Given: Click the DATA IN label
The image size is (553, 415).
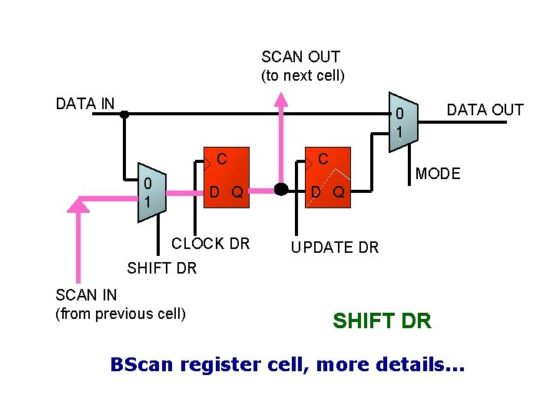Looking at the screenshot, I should pos(85,104).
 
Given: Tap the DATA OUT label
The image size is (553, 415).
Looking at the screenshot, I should pos(485,110).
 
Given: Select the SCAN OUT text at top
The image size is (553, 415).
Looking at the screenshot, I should pos(300,57).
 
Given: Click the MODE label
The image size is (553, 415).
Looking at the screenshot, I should pos(438,174).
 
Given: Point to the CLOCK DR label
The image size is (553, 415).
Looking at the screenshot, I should pos(210,244).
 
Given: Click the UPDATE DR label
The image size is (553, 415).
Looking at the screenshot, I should pos(334,247).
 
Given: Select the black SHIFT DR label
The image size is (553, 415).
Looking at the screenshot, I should pos(161,268).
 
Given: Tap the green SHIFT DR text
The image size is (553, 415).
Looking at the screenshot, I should pos(382,320).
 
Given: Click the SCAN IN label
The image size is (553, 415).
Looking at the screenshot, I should pos(87,295).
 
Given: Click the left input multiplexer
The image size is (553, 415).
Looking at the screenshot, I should pos(151,193).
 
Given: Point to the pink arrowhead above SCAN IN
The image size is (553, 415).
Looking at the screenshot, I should pos(78,204).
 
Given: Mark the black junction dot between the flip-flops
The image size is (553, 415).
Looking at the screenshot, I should pos(281,189).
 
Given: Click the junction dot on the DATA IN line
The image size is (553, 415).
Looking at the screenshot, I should pos(124,115).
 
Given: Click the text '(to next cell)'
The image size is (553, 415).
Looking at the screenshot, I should pos(303,75).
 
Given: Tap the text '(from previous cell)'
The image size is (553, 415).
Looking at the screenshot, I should pos(121,314).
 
